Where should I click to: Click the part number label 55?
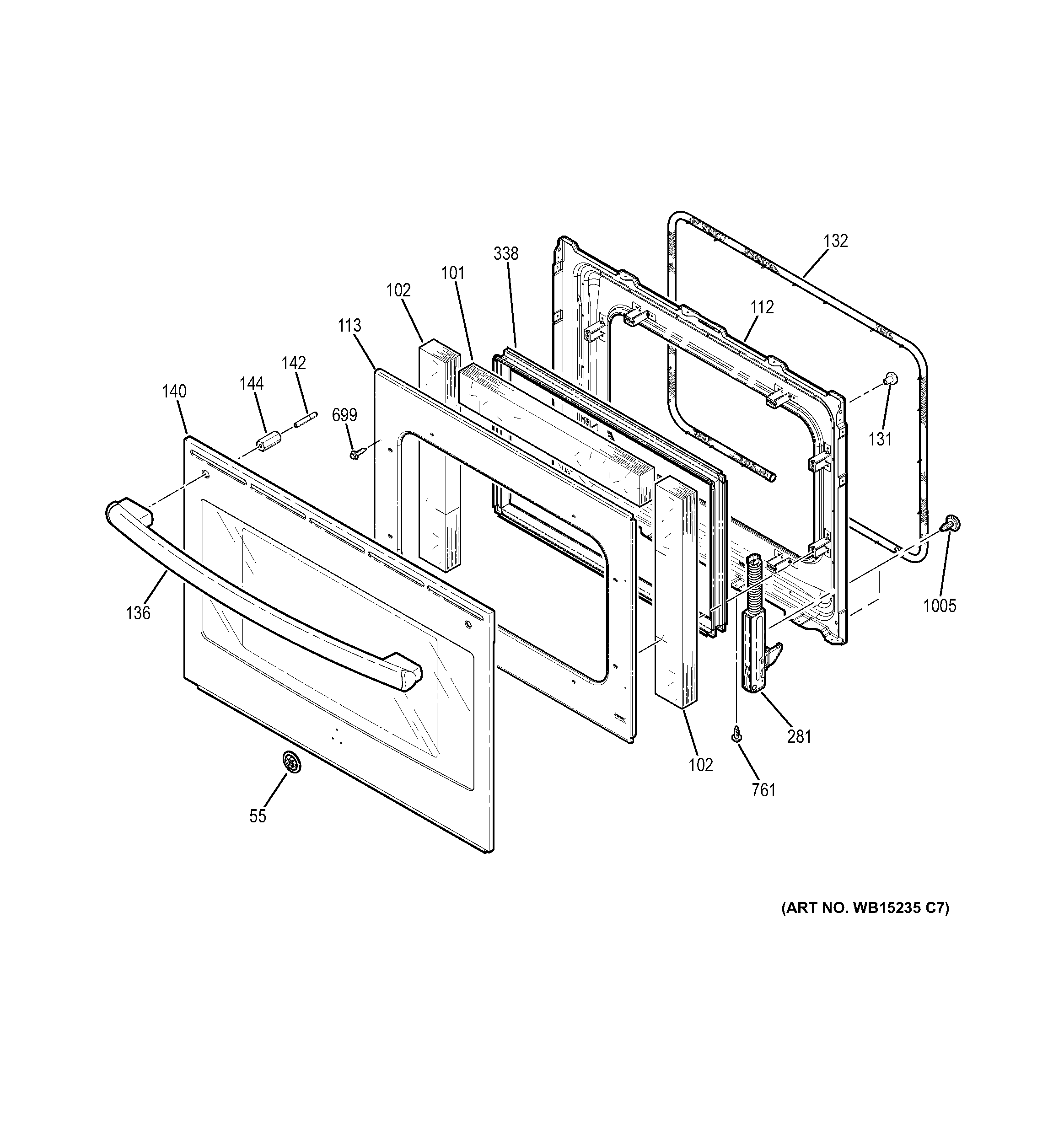click(258, 816)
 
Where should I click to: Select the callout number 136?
click(138, 613)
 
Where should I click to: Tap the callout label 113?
click(349, 325)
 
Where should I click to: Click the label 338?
click(506, 253)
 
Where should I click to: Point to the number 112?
click(762, 307)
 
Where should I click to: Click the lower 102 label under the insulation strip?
click(701, 765)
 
